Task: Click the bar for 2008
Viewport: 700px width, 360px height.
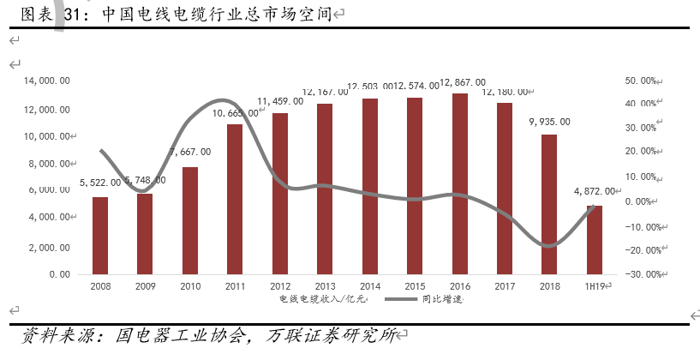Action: tap(100, 236)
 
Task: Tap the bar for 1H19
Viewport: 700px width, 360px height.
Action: tap(594, 239)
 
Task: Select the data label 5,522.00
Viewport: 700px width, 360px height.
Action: tap(100, 183)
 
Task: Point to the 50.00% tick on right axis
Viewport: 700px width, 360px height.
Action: tap(641, 81)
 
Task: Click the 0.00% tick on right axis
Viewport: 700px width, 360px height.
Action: tap(642, 202)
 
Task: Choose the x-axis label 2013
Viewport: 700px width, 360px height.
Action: tap(325, 286)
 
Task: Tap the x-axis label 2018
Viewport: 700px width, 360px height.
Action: tap(549, 286)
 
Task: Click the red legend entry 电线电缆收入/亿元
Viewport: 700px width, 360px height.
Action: tap(321, 300)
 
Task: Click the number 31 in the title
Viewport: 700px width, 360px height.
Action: tap(73, 14)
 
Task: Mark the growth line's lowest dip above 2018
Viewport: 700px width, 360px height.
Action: tap(549, 247)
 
